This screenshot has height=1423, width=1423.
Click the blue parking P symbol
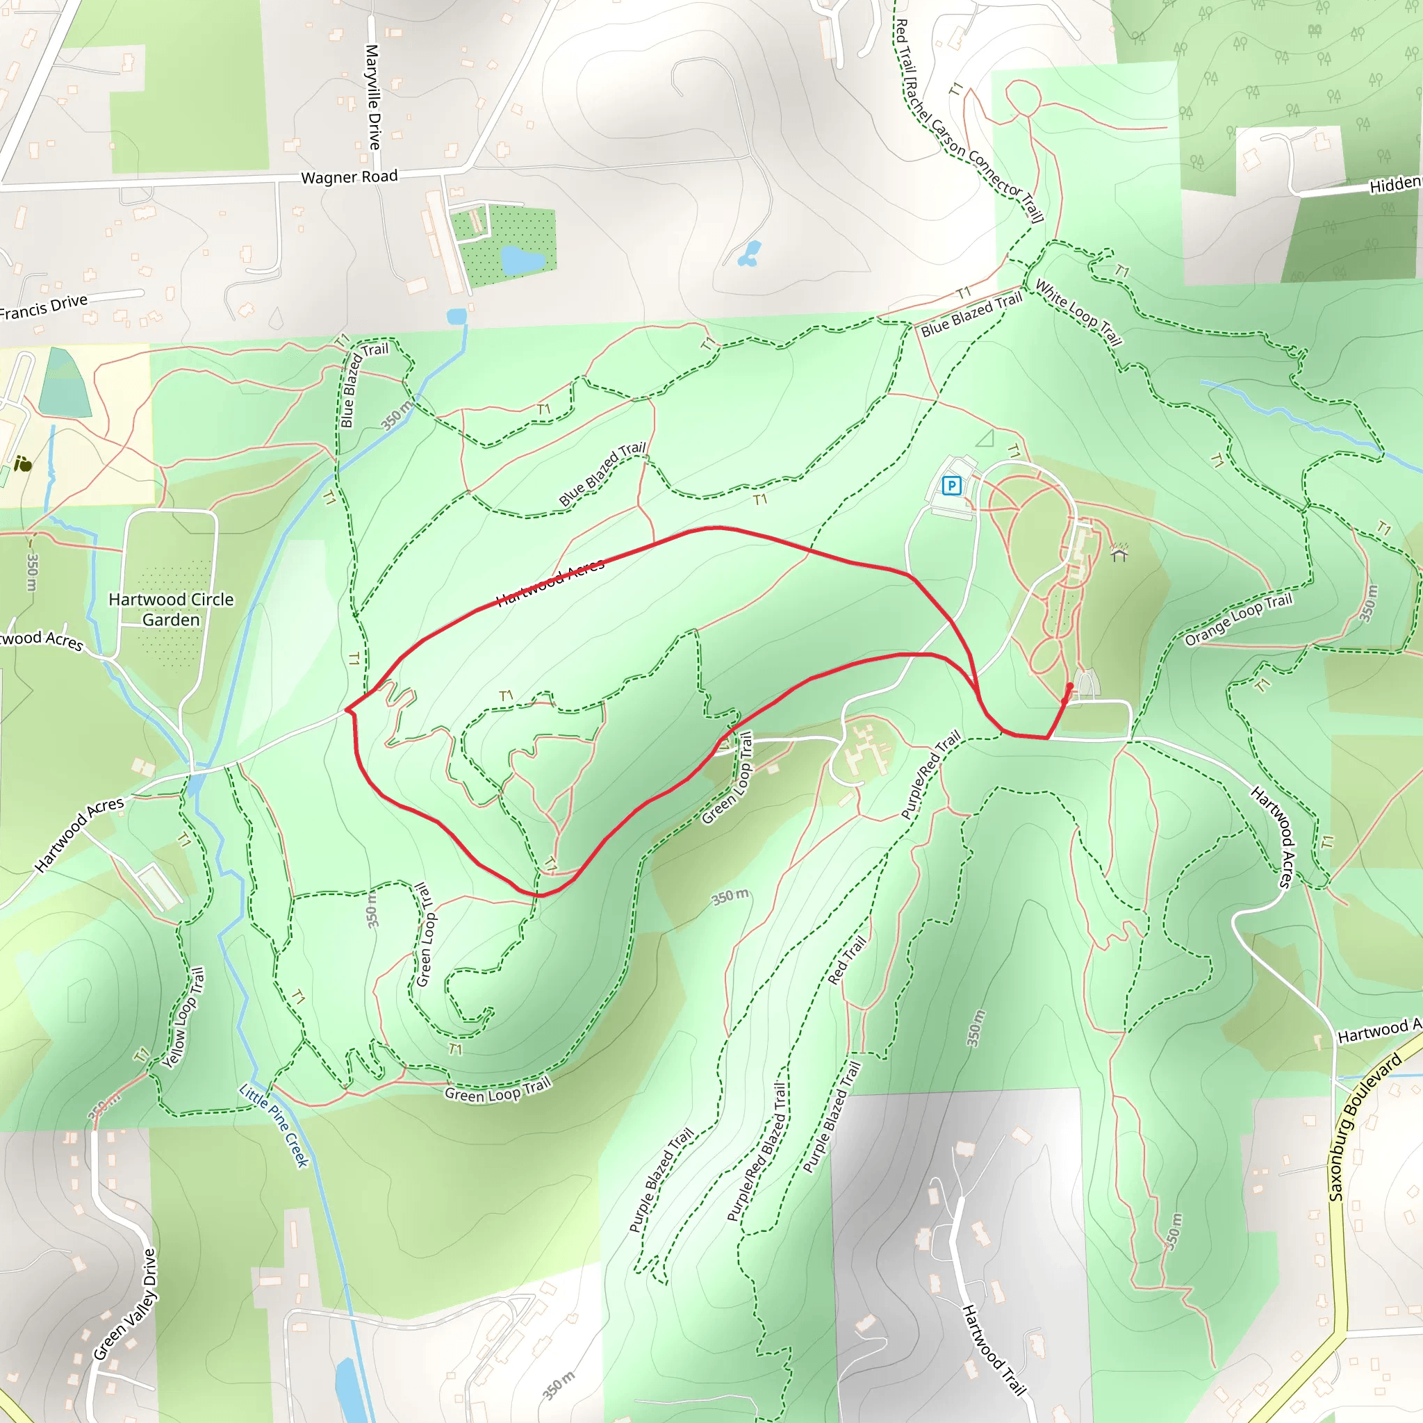tap(952, 486)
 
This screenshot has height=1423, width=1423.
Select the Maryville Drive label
tap(373, 97)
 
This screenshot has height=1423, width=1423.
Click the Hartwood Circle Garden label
tap(171, 609)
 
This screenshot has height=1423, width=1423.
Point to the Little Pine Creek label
tap(274, 1125)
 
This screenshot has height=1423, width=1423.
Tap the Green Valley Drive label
tap(125, 1304)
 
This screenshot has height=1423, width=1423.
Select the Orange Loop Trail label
tap(1238, 618)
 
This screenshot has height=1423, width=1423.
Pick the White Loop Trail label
tap(1078, 312)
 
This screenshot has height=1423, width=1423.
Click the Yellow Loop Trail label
tap(183, 1018)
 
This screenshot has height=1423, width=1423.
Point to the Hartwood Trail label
tap(994, 1350)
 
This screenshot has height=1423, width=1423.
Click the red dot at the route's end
tap(1069, 686)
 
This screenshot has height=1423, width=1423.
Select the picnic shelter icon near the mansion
tap(1119, 552)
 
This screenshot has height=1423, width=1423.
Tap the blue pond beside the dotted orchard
tap(523, 260)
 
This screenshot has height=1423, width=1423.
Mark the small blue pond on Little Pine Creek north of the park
tap(456, 317)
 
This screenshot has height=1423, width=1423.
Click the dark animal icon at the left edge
tap(23, 463)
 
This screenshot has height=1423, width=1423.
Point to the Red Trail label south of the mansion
tap(846, 960)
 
